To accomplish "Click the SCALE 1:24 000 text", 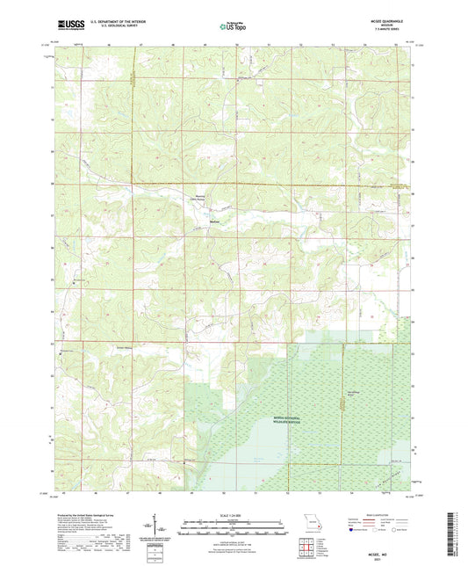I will pos(233,515).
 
